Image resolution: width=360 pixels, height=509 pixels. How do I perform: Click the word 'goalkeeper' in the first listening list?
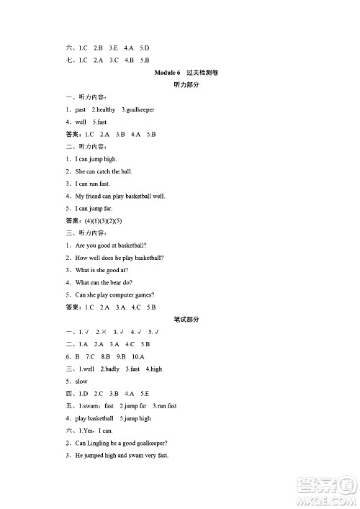point(140,109)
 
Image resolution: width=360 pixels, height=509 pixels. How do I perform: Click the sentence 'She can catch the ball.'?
point(104,171)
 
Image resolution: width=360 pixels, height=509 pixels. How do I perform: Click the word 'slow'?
point(81,381)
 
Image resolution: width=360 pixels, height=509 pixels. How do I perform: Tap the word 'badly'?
point(112,369)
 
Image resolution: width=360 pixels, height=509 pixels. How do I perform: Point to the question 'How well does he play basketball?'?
point(119,258)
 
